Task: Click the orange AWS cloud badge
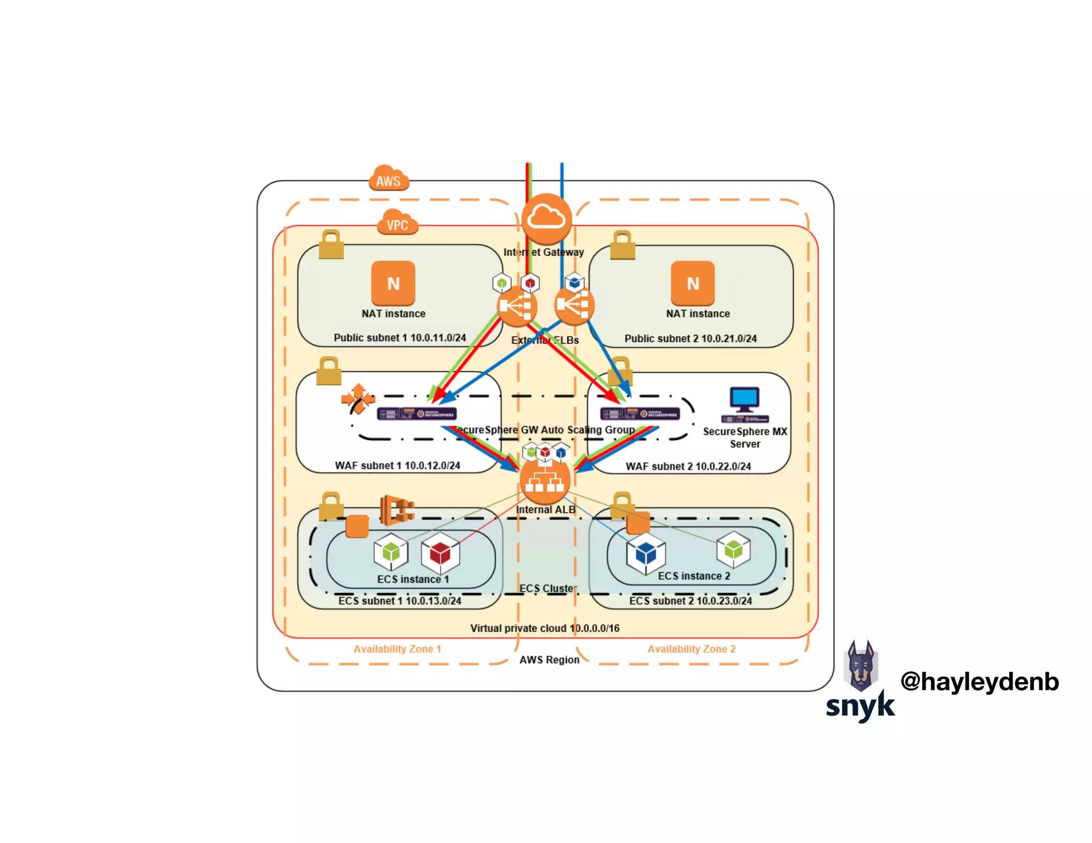pos(389,179)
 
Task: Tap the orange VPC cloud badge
pos(397,223)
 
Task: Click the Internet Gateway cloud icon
pos(547,218)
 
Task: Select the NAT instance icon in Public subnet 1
pos(393,283)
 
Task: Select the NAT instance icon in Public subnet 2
pos(693,283)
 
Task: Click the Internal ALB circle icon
pos(545,481)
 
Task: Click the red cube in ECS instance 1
pos(440,553)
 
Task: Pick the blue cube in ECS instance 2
pos(646,554)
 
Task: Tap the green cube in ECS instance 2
pos(733,549)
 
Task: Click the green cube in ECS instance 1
pos(391,552)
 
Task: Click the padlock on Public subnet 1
pos(331,245)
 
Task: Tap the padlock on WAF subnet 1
pos(328,371)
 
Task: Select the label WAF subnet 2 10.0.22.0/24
pos(688,466)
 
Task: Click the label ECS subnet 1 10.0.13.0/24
pos(399,601)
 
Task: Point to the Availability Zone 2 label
pos(691,649)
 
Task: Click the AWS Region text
pos(549,660)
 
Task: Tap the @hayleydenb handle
pos(979,682)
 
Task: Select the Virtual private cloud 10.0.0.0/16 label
pos(544,628)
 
